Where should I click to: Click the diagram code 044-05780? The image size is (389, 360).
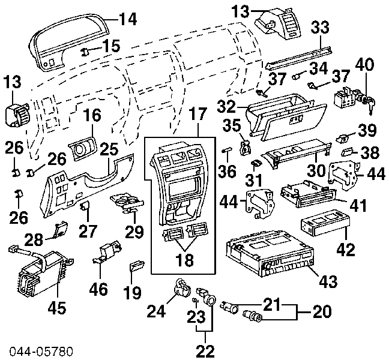tap(41, 351)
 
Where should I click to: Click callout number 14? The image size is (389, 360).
tap(127, 19)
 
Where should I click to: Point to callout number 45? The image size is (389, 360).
tap(57, 308)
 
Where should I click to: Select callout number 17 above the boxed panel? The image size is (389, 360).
tap(199, 114)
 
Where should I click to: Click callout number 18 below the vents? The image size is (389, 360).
tap(184, 260)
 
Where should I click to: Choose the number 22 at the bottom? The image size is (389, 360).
tap(205, 350)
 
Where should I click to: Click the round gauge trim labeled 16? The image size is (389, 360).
tap(82, 149)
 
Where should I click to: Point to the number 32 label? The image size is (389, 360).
tap(226, 107)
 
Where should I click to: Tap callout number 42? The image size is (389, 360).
tap(346, 250)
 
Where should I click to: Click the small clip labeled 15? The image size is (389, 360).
tap(85, 52)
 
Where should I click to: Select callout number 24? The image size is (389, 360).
tap(156, 311)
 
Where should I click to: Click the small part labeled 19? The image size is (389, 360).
tap(137, 268)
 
